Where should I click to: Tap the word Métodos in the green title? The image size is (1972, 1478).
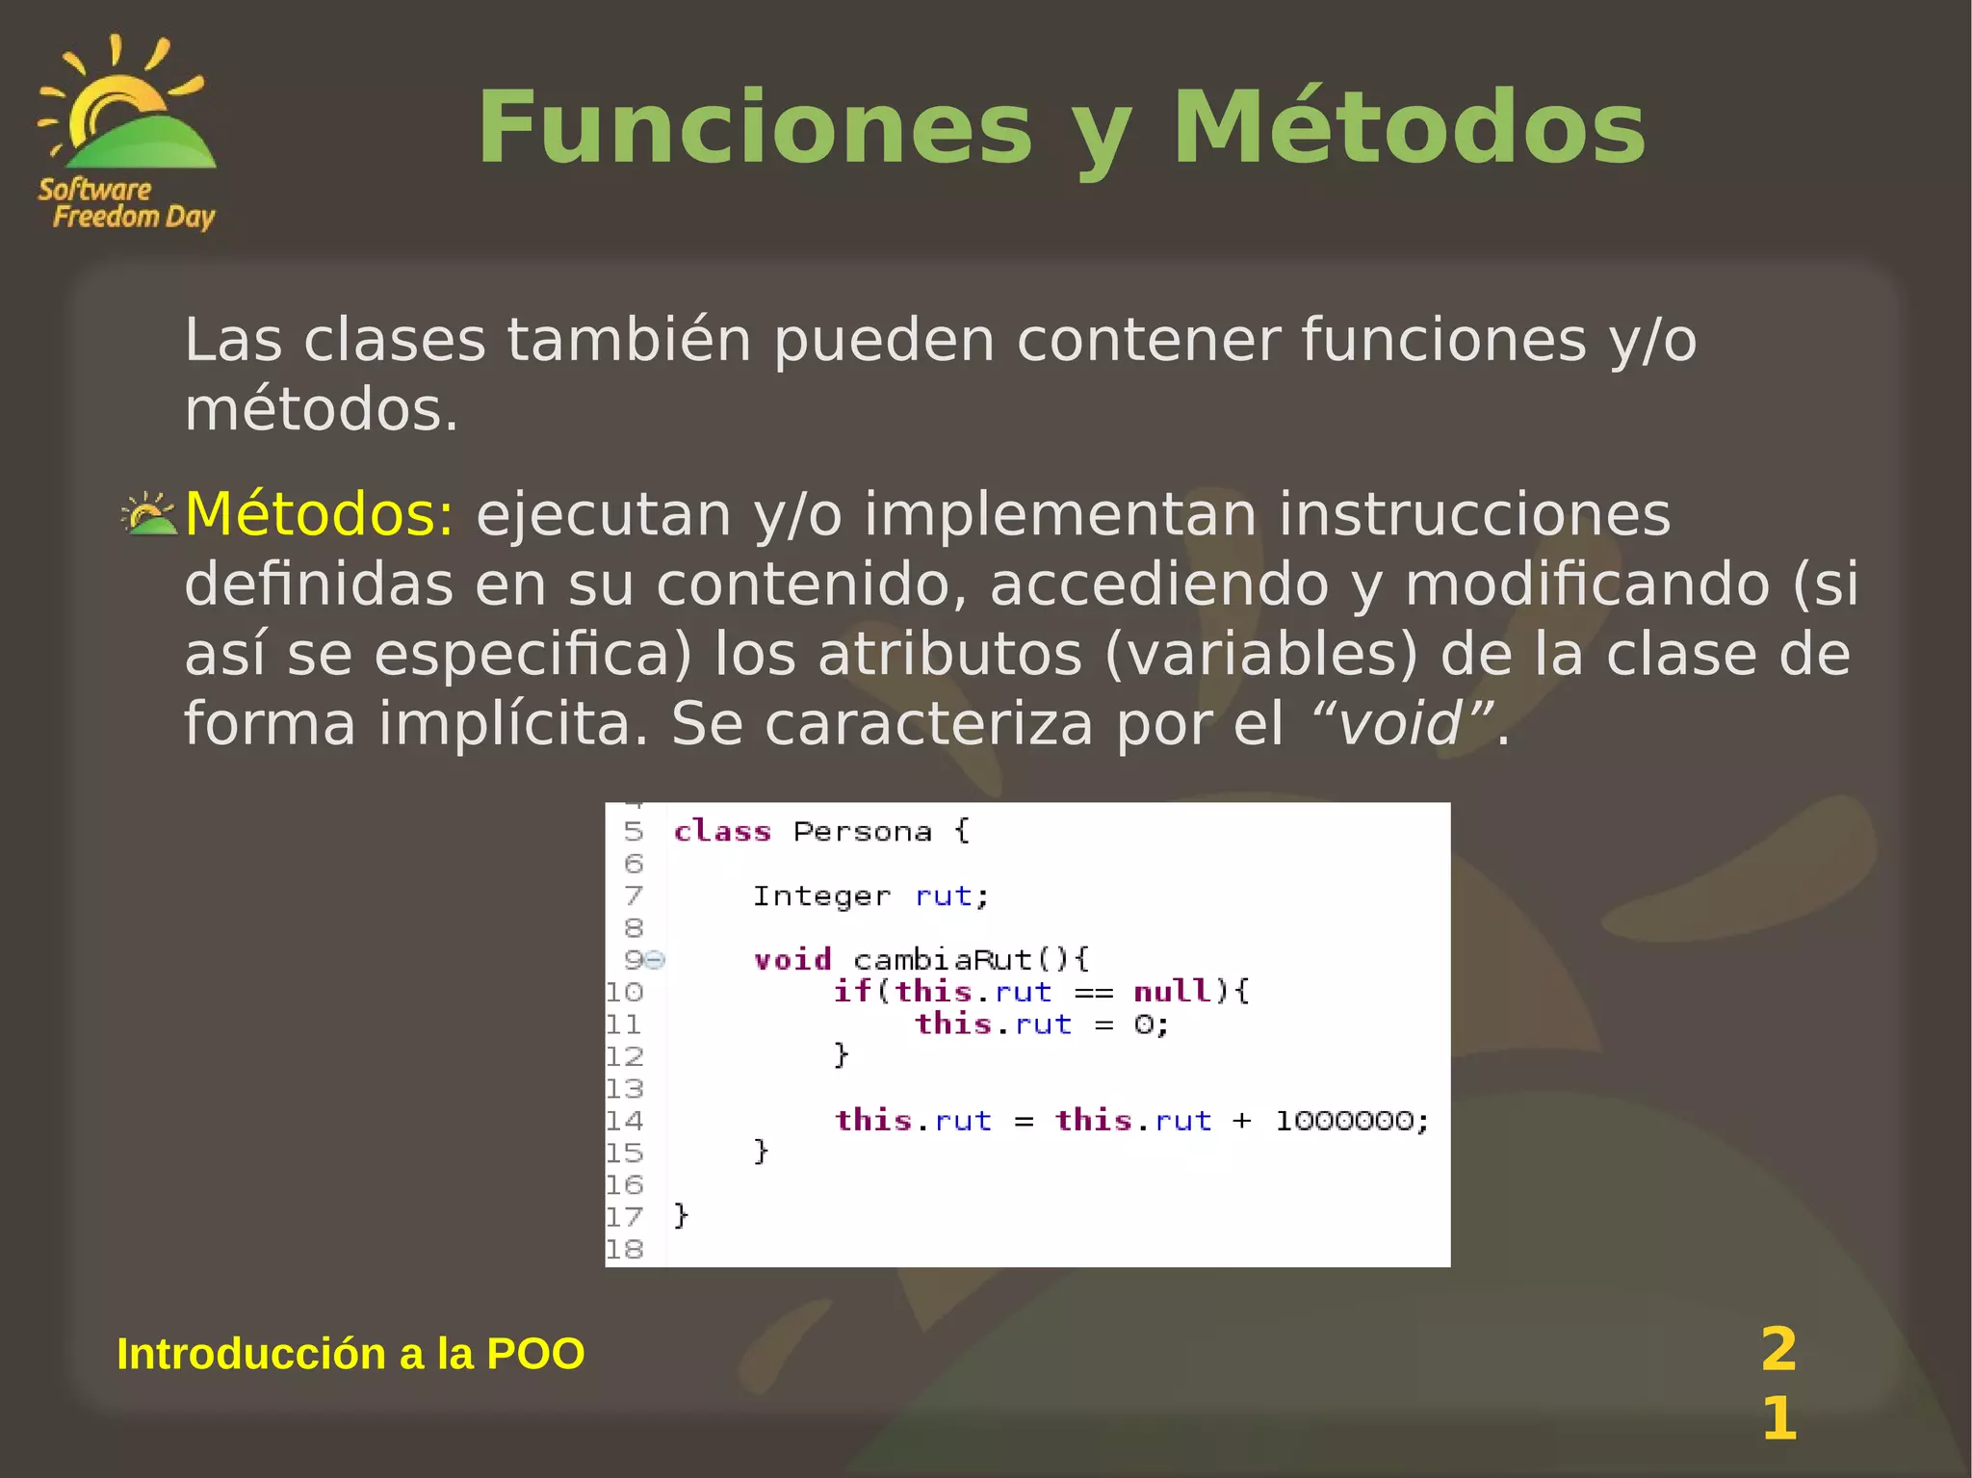(x=1408, y=128)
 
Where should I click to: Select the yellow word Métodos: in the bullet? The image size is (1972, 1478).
(x=319, y=514)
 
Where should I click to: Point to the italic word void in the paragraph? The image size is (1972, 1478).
(x=1401, y=724)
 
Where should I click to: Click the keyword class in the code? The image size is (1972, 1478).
(x=722, y=831)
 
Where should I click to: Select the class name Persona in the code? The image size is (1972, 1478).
(x=863, y=831)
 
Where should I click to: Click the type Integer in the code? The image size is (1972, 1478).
(x=821, y=896)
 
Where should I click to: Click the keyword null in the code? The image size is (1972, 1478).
(x=1171, y=992)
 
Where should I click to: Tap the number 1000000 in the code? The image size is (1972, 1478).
(x=1344, y=1121)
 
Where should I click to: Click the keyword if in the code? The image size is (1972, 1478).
(x=852, y=992)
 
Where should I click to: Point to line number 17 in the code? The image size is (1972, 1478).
(x=624, y=1217)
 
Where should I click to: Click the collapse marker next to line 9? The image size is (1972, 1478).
(x=656, y=960)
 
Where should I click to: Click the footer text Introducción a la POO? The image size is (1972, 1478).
(x=350, y=1354)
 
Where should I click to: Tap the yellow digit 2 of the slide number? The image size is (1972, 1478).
(x=1778, y=1349)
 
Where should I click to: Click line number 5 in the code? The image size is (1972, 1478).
(x=633, y=831)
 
